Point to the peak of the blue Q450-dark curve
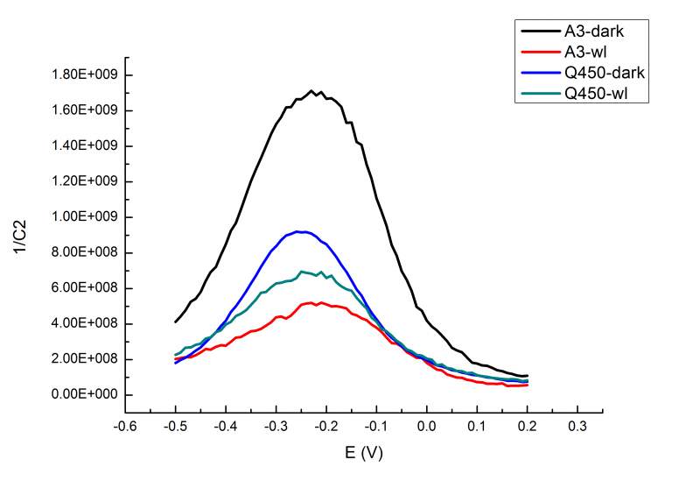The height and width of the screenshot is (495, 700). [x=299, y=231]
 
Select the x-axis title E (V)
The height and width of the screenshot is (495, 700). [x=363, y=454]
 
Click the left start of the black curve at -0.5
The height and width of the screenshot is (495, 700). [x=176, y=322]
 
